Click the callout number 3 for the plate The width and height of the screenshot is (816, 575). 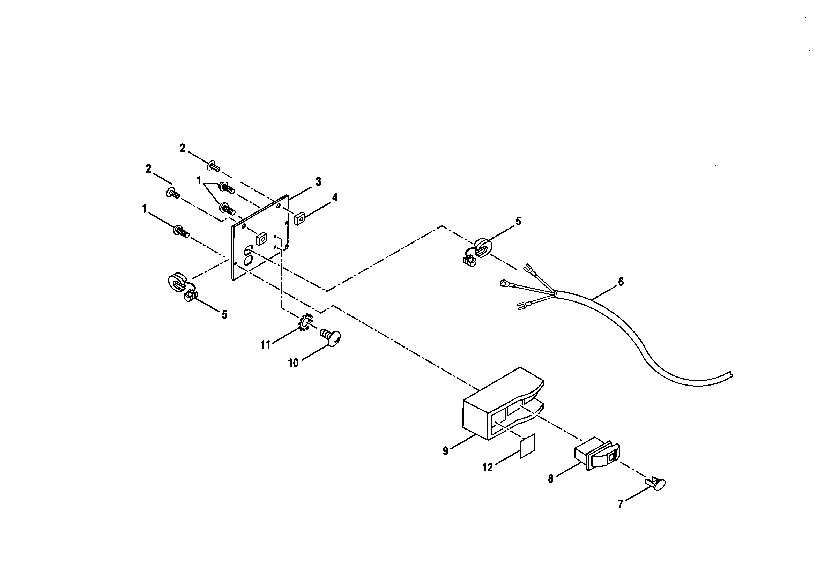click(318, 181)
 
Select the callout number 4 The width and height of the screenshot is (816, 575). click(334, 197)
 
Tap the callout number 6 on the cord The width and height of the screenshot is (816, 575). click(621, 282)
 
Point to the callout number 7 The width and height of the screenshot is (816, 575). click(620, 504)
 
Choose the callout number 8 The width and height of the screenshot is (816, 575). click(550, 479)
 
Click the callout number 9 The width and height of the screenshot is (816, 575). click(446, 451)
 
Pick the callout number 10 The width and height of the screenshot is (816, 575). click(293, 363)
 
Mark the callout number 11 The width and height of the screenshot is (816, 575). click(266, 345)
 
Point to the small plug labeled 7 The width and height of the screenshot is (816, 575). click(656, 484)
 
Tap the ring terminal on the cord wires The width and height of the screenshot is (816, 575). click(504, 283)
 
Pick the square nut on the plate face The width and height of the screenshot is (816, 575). click(261, 239)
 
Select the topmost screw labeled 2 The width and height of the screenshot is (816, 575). click(214, 166)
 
